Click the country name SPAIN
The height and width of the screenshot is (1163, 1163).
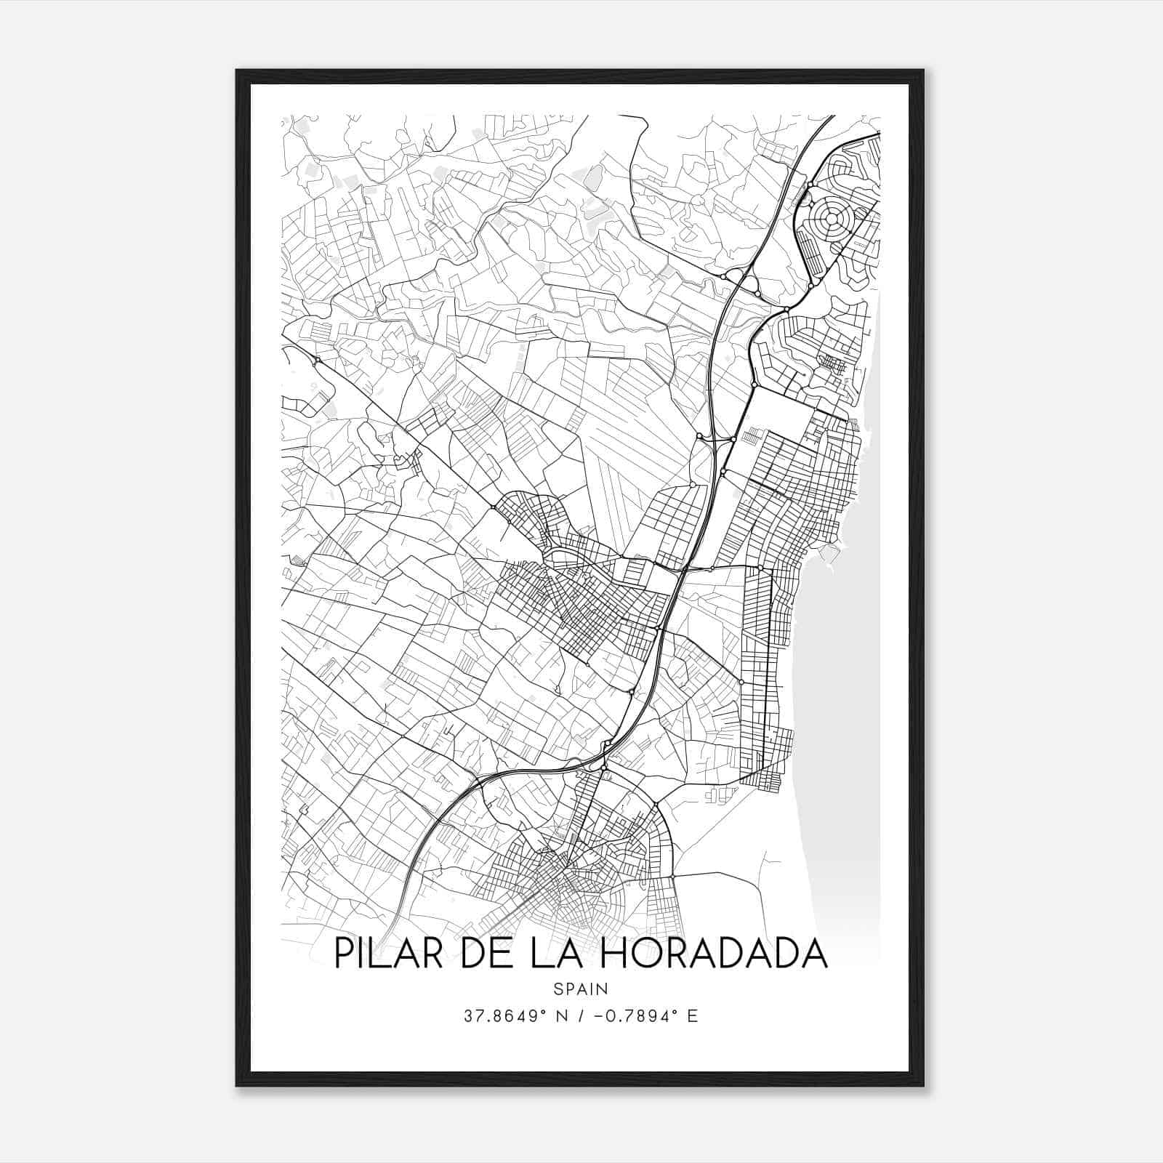pyautogui.click(x=581, y=989)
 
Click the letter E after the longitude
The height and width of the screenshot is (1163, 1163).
pyautogui.click(x=692, y=1016)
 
